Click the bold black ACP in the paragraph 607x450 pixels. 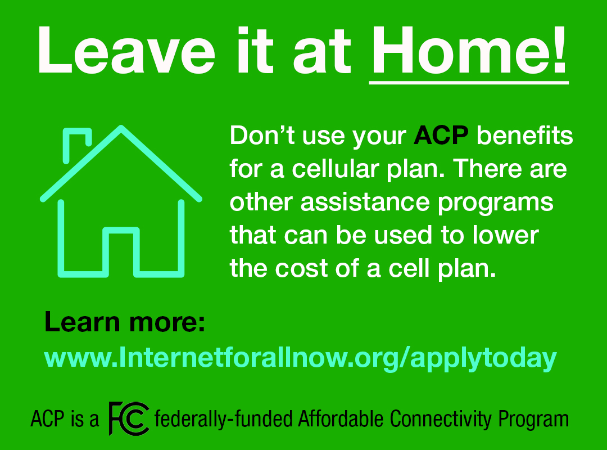(441, 136)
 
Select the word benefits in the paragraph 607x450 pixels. (524, 135)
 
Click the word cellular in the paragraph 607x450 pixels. (335, 169)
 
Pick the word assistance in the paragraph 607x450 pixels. (365, 202)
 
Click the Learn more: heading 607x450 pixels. (125, 322)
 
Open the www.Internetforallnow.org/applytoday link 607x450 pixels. (300, 358)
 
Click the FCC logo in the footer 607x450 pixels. (129, 418)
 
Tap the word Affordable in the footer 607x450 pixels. (341, 418)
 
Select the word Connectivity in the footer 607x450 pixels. (440, 420)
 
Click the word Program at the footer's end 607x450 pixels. (533, 420)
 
